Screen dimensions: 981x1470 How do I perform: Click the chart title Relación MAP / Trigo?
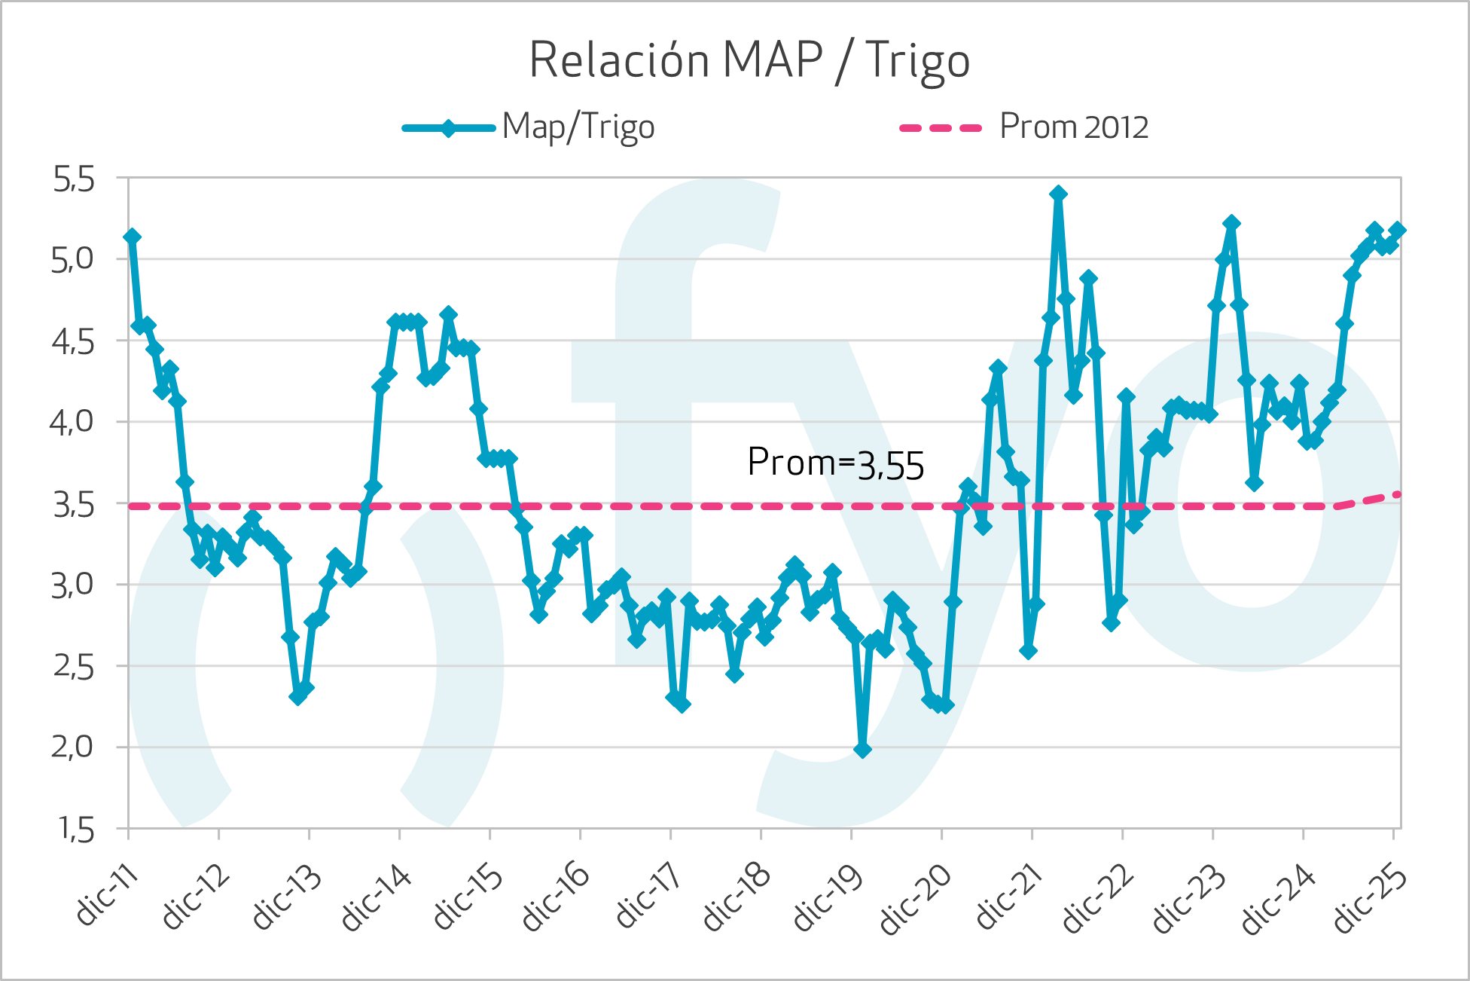(x=749, y=60)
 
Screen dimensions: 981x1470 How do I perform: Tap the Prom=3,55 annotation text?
(x=835, y=463)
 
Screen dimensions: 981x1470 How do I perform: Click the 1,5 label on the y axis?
(x=75, y=830)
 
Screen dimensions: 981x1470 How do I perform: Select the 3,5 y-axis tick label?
(x=73, y=505)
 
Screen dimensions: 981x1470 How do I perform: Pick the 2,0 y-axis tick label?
(x=73, y=747)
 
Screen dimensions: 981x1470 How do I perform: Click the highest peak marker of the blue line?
(x=1058, y=194)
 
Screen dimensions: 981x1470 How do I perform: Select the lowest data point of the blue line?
(x=863, y=750)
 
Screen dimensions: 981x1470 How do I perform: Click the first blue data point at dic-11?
(x=132, y=237)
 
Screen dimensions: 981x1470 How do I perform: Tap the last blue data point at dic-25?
(x=1398, y=230)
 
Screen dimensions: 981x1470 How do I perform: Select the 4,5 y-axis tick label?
(x=73, y=342)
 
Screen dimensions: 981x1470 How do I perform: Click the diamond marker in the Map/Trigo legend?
(x=449, y=127)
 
